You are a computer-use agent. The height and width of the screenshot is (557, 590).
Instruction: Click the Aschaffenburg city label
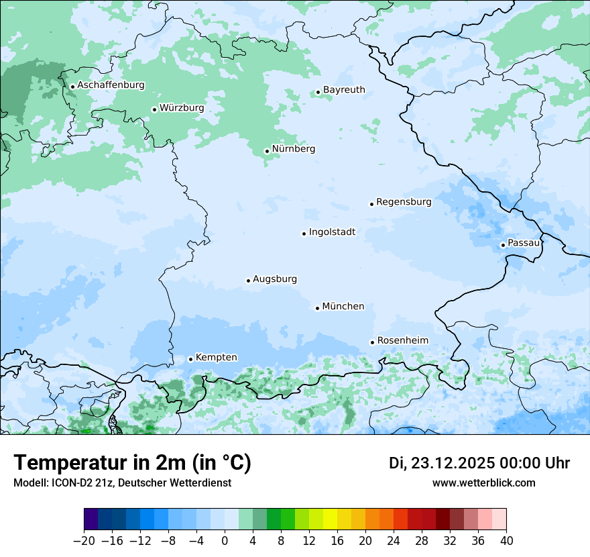tap(111, 85)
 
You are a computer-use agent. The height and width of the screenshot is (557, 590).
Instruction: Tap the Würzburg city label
tap(182, 108)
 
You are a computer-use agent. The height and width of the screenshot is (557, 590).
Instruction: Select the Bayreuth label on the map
tap(344, 90)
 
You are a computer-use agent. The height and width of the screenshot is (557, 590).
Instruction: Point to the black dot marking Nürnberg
tap(267, 151)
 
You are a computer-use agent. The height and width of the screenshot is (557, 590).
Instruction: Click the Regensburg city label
tap(404, 202)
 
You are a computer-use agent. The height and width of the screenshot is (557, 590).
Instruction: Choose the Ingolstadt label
tap(332, 232)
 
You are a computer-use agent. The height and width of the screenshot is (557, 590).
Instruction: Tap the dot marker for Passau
tap(503, 245)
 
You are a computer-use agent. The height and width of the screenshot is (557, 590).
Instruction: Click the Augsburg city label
tap(275, 279)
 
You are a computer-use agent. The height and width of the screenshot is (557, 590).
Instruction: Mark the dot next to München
tap(317, 308)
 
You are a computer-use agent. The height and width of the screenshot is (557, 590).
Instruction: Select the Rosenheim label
tap(402, 341)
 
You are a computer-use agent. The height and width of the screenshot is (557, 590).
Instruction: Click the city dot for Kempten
tap(190, 359)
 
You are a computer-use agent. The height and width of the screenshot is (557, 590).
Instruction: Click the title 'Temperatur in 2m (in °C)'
tap(132, 463)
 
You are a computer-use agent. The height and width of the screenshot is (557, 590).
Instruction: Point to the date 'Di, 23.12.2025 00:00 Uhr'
tap(479, 463)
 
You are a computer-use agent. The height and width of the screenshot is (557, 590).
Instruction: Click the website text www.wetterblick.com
tap(483, 483)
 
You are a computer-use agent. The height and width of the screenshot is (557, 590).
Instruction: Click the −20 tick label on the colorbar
tap(84, 540)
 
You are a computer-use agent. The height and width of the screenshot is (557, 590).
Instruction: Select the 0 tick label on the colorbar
tap(225, 540)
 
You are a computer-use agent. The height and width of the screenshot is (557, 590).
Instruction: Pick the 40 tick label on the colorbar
tap(506, 540)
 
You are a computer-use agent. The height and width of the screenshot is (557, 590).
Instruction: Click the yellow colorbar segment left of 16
tap(330, 519)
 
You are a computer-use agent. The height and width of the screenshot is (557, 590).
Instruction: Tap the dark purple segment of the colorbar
tap(91, 519)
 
